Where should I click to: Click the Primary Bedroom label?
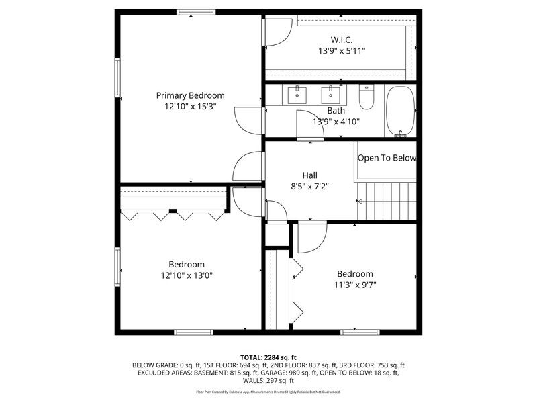(191, 95)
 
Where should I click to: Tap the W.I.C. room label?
(342, 40)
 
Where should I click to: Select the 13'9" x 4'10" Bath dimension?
(336, 122)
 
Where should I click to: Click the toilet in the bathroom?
(367, 97)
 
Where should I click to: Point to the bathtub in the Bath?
(400, 111)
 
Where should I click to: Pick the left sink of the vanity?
(297, 95)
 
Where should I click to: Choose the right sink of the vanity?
(330, 95)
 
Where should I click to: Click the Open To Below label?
(387, 158)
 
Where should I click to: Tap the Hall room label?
(309, 175)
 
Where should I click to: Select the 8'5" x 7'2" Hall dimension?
(309, 187)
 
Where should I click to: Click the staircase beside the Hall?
(387, 201)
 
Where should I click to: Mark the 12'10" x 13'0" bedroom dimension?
(187, 275)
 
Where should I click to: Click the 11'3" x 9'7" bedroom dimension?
(355, 285)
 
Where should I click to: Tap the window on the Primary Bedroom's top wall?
(196, 12)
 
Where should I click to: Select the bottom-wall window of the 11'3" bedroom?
(360, 332)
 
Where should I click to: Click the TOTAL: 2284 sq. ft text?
(268, 358)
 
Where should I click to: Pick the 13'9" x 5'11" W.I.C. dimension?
(342, 51)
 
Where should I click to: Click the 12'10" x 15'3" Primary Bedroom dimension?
(191, 107)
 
